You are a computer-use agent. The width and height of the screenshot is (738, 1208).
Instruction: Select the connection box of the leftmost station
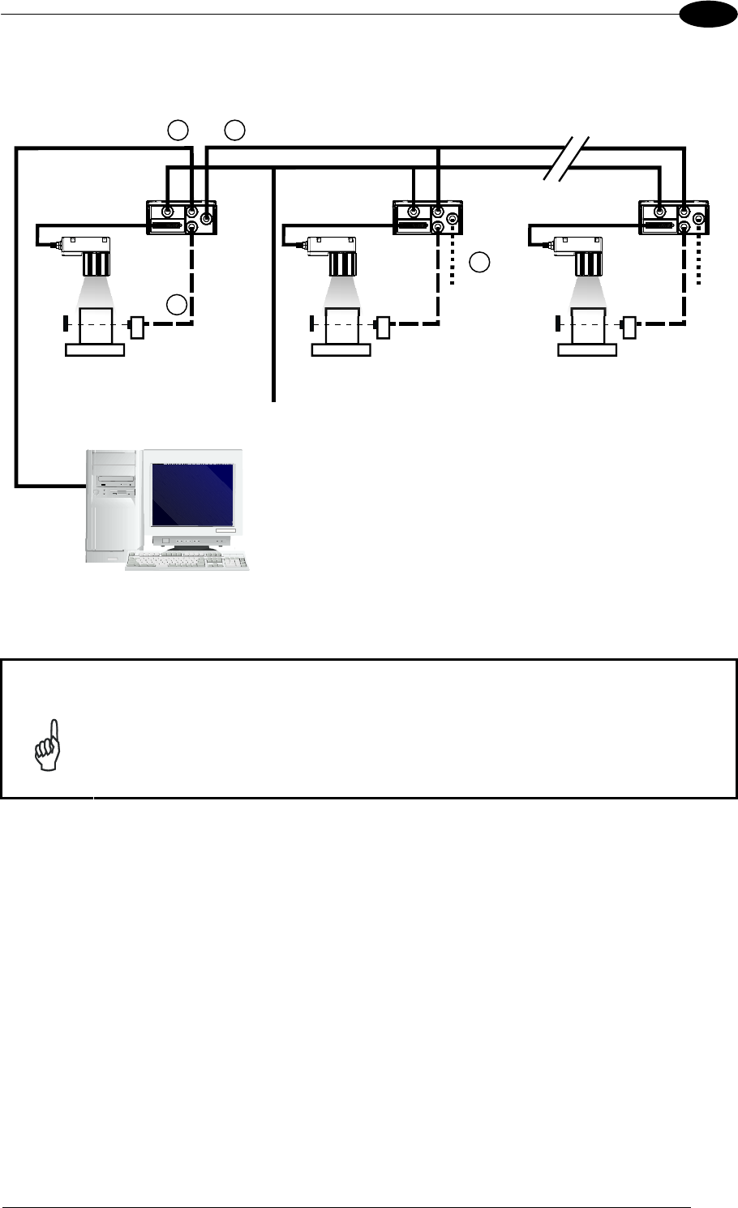[182, 217]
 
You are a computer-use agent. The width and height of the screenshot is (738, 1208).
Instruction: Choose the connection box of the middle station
[428, 217]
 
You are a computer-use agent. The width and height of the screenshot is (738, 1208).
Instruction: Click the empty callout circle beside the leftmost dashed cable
[178, 305]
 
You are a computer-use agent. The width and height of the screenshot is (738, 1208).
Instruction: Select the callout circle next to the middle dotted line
[480, 262]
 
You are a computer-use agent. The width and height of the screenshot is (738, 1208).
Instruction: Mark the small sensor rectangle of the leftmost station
[137, 327]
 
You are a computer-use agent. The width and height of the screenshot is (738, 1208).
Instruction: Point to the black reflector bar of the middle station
[311, 326]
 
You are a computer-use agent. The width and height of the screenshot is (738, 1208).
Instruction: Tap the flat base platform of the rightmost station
[586, 349]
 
